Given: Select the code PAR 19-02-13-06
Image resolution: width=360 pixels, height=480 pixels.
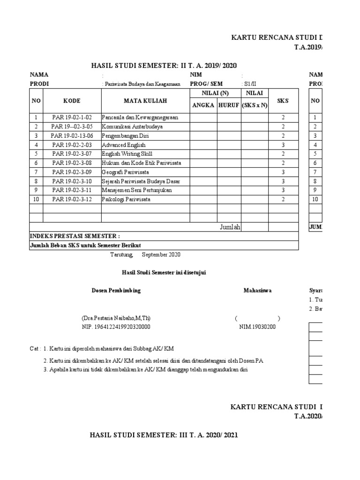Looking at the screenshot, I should pyautogui.click(x=72, y=136).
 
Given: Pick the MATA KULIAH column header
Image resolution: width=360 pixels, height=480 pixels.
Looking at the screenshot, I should pyautogui.click(x=145, y=101).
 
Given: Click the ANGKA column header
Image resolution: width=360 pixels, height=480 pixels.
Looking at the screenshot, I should pyautogui.click(x=203, y=105).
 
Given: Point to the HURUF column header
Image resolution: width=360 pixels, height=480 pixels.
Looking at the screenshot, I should pyautogui.click(x=229, y=105).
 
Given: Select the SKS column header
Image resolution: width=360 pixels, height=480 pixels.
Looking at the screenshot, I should pyautogui.click(x=283, y=101).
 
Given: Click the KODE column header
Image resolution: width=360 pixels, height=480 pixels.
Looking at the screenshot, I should pyautogui.click(x=72, y=101).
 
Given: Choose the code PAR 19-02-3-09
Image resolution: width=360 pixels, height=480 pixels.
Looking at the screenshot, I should pyautogui.click(x=72, y=172).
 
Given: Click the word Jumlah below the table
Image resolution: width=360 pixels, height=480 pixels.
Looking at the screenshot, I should pyautogui.click(x=230, y=227).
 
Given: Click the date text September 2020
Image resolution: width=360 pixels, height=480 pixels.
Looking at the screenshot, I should pyautogui.click(x=161, y=255).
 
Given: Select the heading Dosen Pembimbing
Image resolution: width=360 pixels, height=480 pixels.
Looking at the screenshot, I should pyautogui.click(x=116, y=291).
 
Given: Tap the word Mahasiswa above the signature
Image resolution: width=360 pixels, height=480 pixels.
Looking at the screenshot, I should pyautogui.click(x=257, y=291).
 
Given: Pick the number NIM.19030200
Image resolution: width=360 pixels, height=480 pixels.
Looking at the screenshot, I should pyautogui.click(x=257, y=327).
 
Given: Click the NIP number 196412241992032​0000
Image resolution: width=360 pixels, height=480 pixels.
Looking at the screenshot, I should pyautogui.click(x=116, y=327).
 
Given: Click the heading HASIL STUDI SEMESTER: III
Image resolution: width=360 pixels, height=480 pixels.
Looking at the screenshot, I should pyautogui.click(x=164, y=435).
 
